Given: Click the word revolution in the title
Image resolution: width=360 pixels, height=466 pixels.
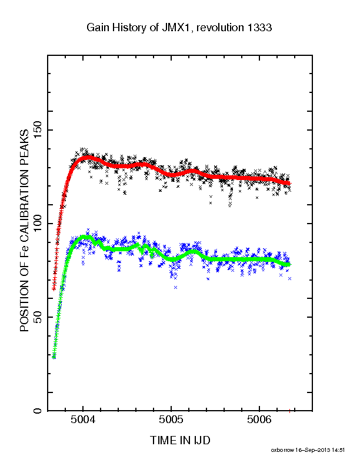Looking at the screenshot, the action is (x=220, y=28).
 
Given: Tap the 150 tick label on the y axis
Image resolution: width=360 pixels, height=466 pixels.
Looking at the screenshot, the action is (x=38, y=130).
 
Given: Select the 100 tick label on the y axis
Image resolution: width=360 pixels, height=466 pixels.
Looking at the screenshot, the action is (x=38, y=224).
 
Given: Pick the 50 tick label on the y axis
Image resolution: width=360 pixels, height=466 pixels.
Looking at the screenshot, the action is (x=38, y=317).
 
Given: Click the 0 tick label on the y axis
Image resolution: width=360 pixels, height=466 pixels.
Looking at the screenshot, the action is (x=38, y=411).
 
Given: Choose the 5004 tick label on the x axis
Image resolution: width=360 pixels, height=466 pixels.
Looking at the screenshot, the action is (x=83, y=420).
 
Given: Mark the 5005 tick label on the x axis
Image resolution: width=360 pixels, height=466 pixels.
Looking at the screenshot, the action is (x=171, y=420).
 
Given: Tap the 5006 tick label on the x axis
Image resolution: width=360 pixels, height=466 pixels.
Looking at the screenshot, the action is (x=259, y=420).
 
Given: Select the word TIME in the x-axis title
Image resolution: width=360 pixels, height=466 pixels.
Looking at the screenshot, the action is (x=164, y=440).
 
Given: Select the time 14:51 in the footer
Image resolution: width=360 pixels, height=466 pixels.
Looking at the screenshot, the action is (x=338, y=450).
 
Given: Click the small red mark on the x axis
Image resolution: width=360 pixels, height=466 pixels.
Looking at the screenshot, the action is (x=289, y=411).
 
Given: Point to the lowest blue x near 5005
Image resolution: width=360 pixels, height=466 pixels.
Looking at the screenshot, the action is (x=175, y=287).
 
